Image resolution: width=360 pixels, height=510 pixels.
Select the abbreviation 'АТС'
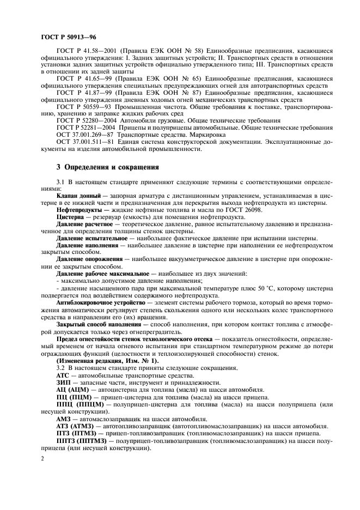pos(63,376)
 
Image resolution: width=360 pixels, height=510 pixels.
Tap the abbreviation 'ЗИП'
pos(64,383)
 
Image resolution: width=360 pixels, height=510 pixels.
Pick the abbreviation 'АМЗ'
pos(64,418)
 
